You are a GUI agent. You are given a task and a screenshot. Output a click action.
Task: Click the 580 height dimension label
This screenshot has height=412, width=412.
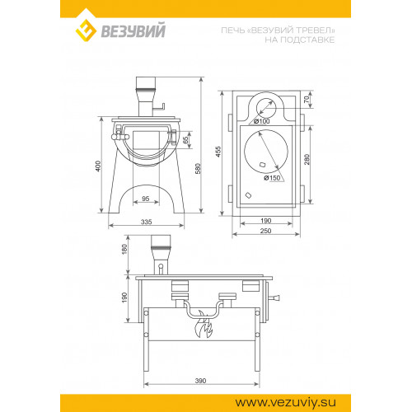198,169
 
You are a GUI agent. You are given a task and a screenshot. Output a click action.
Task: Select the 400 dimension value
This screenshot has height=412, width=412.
98,166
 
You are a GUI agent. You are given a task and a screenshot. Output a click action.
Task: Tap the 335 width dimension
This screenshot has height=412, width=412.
146,222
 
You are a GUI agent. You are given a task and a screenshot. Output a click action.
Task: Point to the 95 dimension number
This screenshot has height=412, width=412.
146,199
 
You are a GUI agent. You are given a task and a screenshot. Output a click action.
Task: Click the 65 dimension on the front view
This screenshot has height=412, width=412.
186,140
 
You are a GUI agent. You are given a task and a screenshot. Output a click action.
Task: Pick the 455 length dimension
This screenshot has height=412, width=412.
218,152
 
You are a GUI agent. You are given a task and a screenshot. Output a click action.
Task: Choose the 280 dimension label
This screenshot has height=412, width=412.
307,159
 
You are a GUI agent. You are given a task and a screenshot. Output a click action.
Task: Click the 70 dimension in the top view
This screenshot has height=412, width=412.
307,99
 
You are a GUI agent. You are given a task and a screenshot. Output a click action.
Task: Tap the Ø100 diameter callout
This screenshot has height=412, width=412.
262,121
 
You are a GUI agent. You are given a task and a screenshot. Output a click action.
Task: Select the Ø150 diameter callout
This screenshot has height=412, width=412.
272,178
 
